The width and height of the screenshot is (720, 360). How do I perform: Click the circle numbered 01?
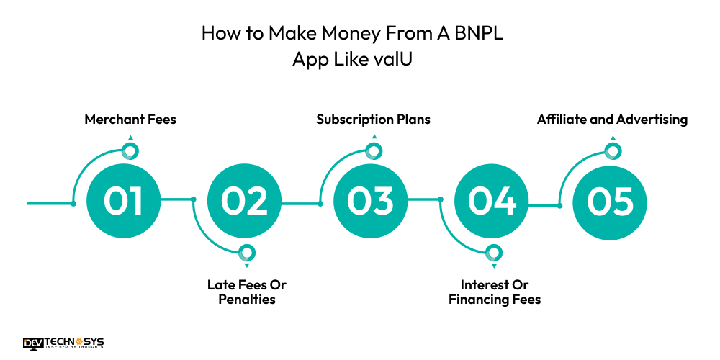pos(122,202)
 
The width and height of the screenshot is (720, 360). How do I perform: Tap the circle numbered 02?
pos(244,202)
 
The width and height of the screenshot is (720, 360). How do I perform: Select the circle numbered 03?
pos(369,202)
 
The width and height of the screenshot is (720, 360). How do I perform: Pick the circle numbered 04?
pos(492,202)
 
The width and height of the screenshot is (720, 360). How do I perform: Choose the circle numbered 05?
pos(611,202)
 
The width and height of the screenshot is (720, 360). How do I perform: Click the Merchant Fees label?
pos(130,120)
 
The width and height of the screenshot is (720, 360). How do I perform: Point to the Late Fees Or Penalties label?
pos(247,292)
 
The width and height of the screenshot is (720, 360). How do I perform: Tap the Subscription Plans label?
pos(373,120)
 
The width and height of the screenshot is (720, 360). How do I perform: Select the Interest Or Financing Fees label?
pos(495,292)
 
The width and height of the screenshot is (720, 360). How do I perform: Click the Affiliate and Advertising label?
pos(612,120)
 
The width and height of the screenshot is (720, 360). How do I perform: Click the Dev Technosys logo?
pos(63,343)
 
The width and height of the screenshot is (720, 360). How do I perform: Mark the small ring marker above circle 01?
pos(130,150)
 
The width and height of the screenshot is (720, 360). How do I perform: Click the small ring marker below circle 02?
pos(247,253)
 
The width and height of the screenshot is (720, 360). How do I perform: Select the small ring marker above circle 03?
pos(373,150)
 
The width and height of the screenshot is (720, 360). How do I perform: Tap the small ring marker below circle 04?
pos(494,253)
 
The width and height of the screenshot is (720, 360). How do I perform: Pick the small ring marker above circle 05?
pos(612,150)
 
